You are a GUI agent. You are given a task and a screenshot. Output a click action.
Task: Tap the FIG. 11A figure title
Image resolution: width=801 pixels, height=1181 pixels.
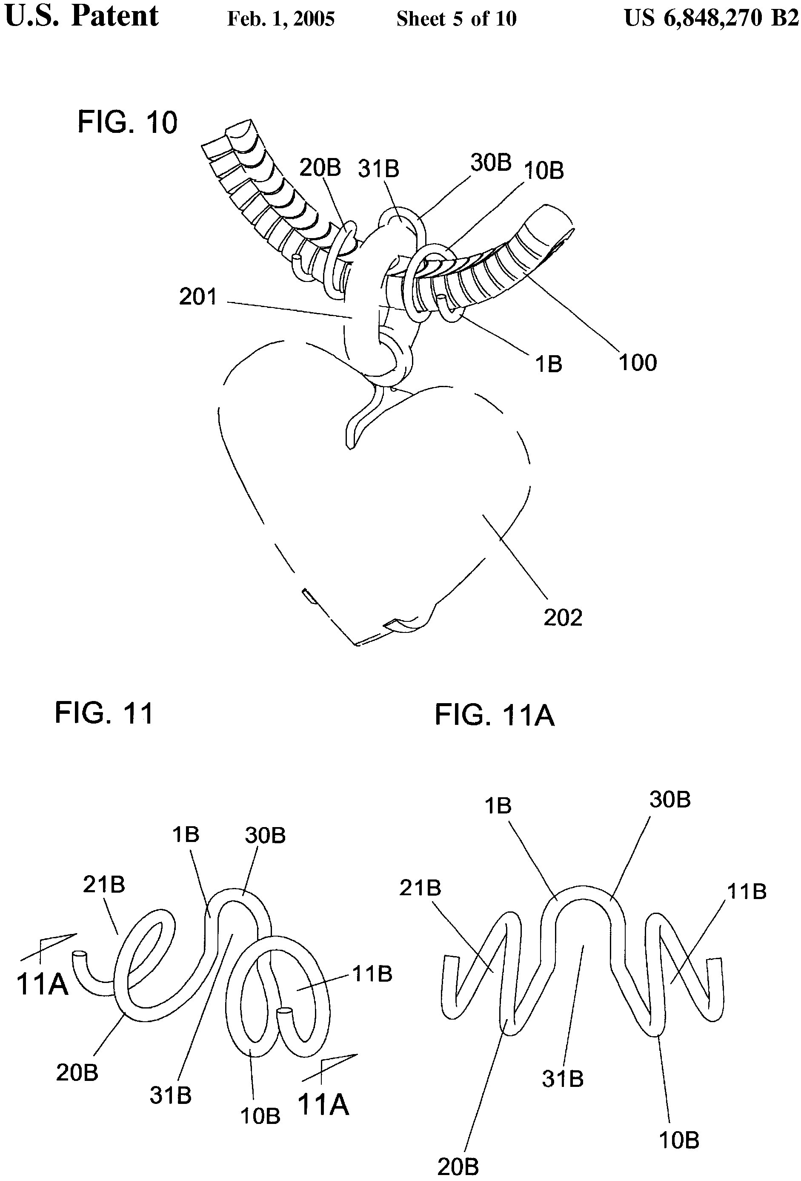click(494, 716)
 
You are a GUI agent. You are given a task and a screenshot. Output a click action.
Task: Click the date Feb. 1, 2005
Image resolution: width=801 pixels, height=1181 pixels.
click(281, 19)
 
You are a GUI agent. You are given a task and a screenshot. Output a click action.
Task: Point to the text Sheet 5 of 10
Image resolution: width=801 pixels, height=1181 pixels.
click(456, 19)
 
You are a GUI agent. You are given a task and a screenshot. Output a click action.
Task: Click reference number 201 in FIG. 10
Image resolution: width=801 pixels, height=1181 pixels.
click(198, 297)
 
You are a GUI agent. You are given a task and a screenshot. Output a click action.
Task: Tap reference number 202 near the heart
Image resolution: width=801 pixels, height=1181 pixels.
click(563, 618)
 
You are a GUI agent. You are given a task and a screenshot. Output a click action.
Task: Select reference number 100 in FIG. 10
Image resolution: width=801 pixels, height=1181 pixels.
click(638, 363)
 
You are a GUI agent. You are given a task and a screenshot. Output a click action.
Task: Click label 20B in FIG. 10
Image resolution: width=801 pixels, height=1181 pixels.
click(320, 167)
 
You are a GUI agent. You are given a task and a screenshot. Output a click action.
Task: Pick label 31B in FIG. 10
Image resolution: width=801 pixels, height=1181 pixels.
click(378, 169)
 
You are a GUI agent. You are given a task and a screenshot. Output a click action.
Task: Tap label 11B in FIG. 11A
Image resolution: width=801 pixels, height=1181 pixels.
click(747, 891)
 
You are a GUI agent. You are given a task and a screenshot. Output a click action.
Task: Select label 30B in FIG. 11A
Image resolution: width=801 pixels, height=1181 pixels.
click(670, 800)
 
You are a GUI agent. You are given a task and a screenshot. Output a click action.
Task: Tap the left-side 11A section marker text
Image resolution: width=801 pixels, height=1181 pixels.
click(42, 983)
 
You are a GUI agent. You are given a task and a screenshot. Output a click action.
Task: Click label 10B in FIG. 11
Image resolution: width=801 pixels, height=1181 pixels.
click(260, 1115)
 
